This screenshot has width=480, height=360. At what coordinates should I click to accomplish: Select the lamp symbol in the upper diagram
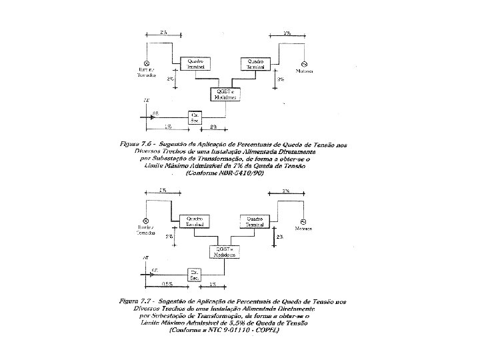pyautogui.click(x=145, y=63)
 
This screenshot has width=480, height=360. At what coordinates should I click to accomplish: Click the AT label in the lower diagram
pyautogui.click(x=146, y=257)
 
